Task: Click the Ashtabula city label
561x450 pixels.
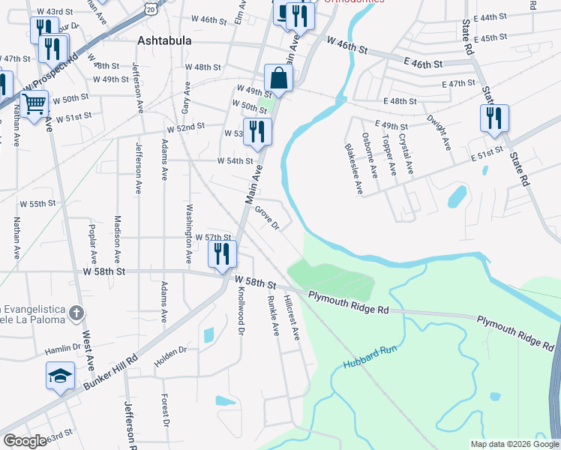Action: click(x=163, y=40)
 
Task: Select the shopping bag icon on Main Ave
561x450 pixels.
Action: click(x=278, y=79)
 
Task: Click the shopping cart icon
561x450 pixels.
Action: click(x=34, y=103)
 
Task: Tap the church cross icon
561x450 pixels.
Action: click(x=75, y=312)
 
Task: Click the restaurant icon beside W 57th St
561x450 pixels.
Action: click(x=222, y=253)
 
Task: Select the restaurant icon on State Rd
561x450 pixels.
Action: click(x=495, y=118)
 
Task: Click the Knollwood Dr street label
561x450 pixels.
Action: click(x=240, y=310)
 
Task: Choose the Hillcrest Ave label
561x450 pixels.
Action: click(x=292, y=316)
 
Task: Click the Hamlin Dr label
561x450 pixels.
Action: click(x=62, y=348)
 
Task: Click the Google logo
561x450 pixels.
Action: click(x=25, y=441)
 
